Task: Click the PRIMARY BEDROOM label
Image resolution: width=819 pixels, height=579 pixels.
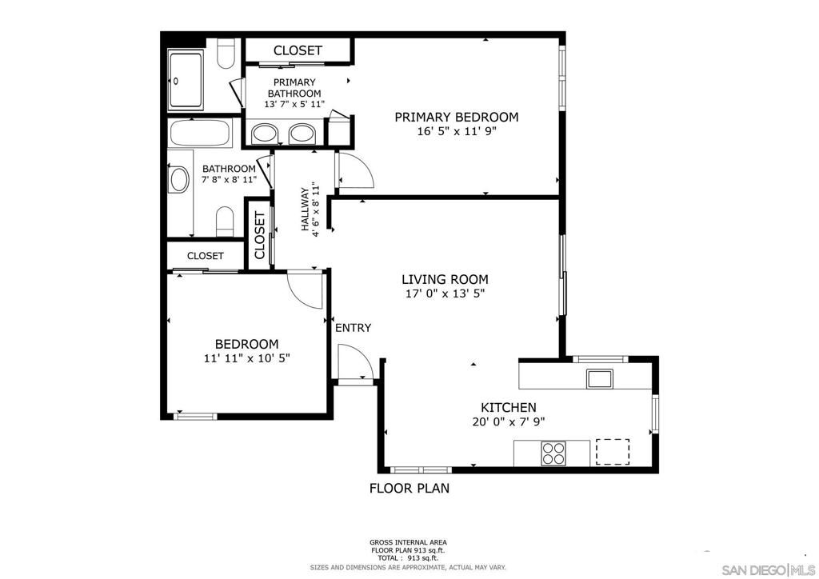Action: [x=457, y=117]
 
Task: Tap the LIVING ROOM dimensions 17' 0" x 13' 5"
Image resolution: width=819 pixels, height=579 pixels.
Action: [x=445, y=293]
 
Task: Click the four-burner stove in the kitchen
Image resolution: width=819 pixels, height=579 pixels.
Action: [x=553, y=453]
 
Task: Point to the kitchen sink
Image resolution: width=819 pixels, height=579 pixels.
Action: [x=600, y=378]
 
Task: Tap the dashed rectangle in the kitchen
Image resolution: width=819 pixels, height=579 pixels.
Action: [x=613, y=452]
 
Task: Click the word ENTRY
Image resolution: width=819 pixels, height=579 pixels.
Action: [x=353, y=328]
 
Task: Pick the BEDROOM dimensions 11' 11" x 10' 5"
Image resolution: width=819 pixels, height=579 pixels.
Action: [x=246, y=358]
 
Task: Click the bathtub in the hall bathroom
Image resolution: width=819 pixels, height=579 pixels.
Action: [x=201, y=133]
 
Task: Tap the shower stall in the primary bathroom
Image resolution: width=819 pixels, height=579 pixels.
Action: [x=186, y=81]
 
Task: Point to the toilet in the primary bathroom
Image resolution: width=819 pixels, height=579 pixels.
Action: [x=226, y=54]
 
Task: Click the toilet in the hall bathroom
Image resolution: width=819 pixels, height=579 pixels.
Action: [x=225, y=222]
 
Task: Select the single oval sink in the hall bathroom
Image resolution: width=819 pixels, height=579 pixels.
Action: [x=180, y=179]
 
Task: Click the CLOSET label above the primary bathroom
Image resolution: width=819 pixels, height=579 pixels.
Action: [x=298, y=50]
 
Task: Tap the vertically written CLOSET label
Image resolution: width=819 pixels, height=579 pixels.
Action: [x=260, y=235]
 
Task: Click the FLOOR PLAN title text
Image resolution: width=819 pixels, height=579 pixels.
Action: [x=409, y=488]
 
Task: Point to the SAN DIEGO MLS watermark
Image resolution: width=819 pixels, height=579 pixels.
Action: [x=768, y=569]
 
